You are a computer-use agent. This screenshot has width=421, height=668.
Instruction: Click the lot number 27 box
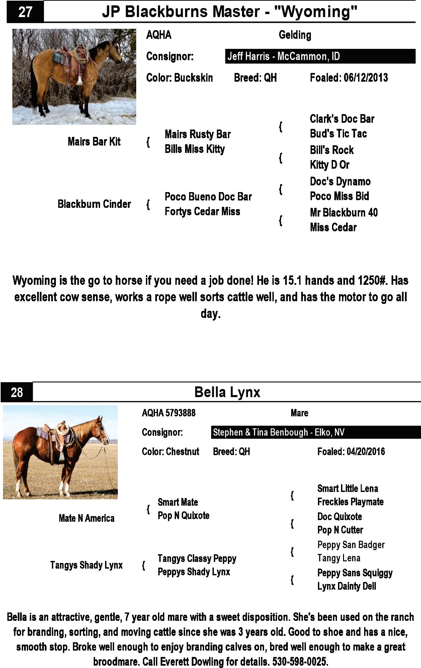[25, 12]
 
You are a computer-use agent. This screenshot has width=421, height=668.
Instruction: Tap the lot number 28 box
[17, 392]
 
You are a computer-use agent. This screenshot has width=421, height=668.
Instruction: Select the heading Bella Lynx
[227, 392]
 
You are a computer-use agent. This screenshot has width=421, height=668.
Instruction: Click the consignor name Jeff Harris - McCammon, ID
[283, 56]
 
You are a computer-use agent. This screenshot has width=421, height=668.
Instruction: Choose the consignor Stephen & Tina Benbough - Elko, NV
[278, 432]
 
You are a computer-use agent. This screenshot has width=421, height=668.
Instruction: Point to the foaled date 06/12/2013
[365, 78]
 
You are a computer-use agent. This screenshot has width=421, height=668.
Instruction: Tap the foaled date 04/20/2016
[365, 451]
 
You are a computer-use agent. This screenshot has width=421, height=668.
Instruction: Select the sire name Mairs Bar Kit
[94, 142]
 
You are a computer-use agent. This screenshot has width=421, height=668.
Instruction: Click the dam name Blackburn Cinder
[94, 204]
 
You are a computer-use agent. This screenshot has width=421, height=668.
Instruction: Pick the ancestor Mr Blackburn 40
[344, 213]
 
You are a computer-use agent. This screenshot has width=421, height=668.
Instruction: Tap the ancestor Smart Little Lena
[347, 489]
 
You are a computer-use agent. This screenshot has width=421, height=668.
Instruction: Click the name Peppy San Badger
[351, 545]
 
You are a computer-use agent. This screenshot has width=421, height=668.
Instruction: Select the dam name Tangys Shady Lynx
[86, 565]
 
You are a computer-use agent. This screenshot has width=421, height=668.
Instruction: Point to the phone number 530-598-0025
[300, 661]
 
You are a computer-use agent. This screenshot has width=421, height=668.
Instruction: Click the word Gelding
[295, 35]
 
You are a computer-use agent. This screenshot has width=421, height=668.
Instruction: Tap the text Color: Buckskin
[179, 78]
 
